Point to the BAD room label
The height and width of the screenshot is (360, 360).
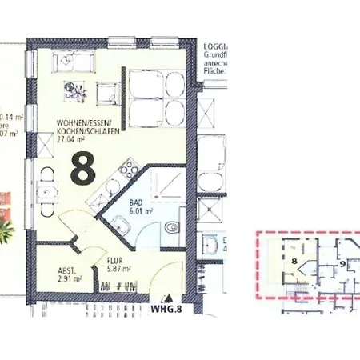click(x=136, y=203)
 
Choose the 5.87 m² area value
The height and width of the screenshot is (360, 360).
click(x=118, y=268)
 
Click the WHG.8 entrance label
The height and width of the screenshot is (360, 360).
click(x=166, y=306)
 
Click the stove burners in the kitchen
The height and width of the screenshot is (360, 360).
click(x=128, y=169)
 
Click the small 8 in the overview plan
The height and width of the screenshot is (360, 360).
click(x=294, y=260)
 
